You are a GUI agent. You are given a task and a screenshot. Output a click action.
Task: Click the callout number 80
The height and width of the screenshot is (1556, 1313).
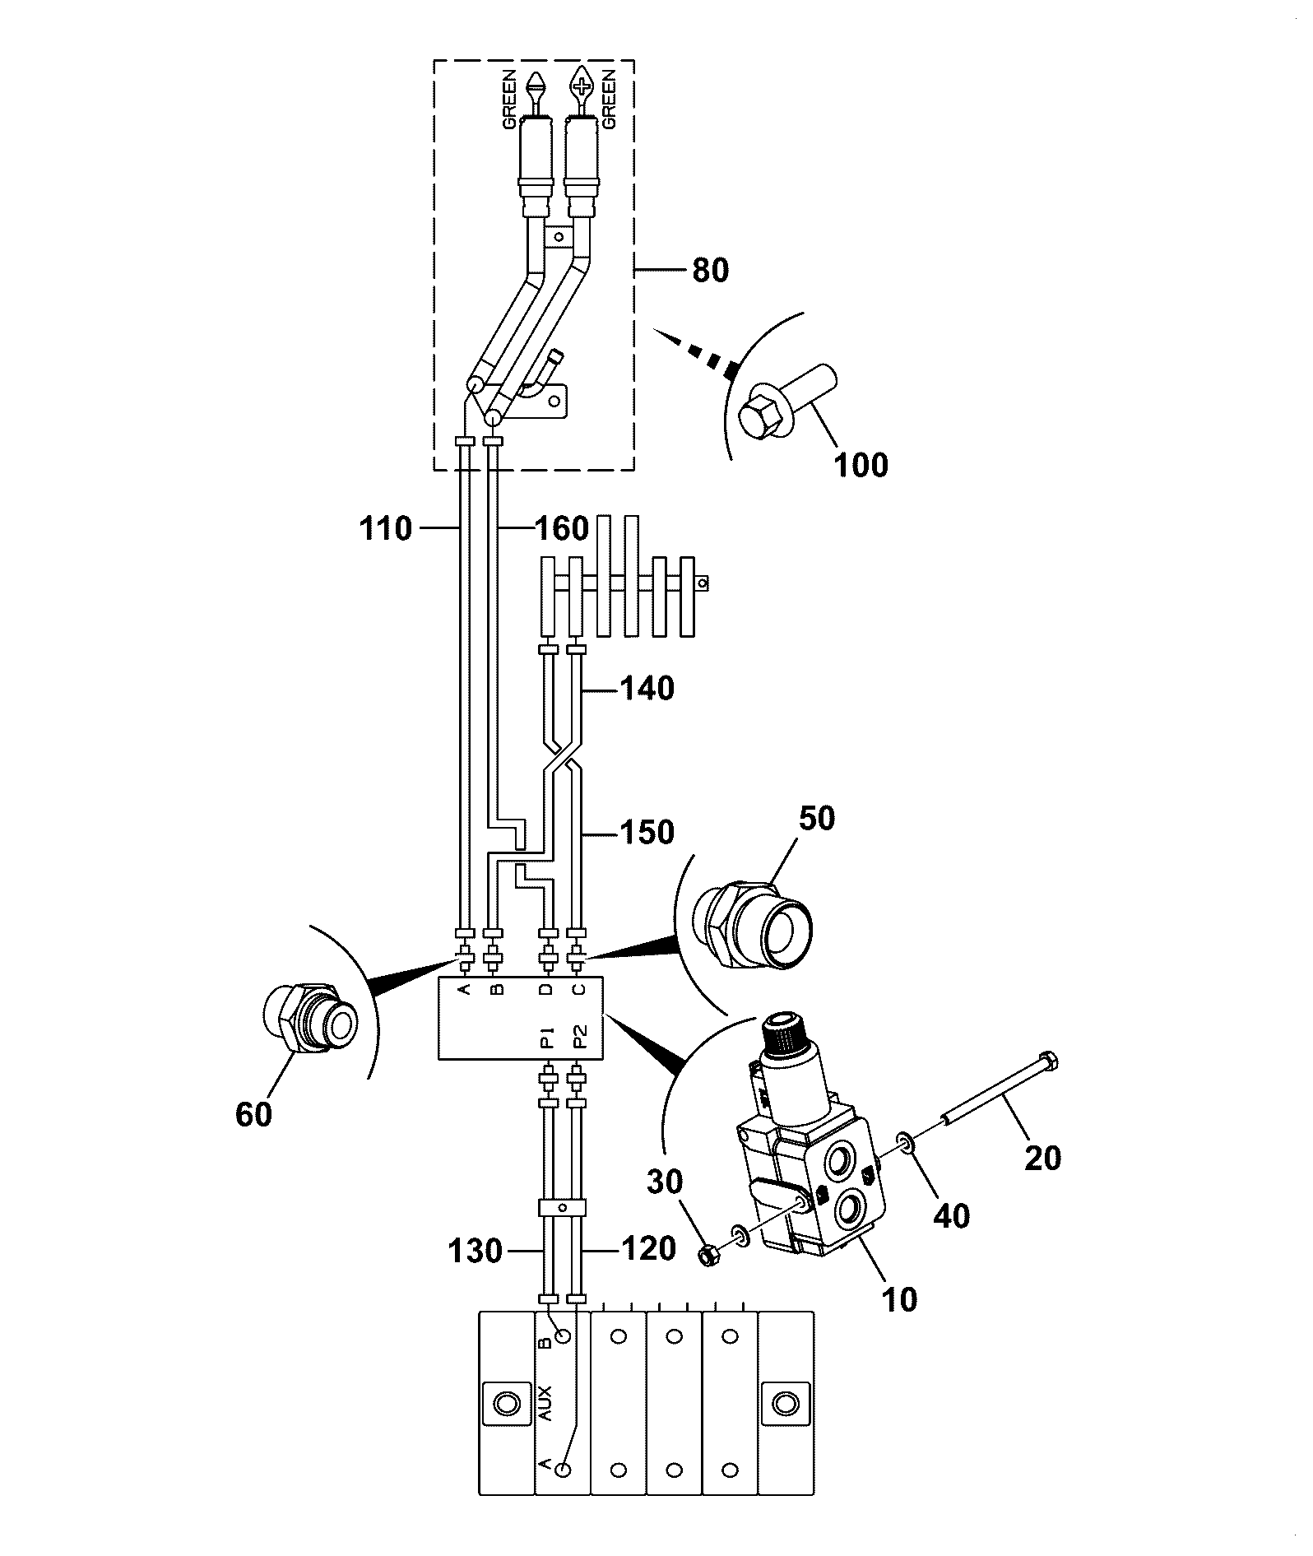tap(710, 270)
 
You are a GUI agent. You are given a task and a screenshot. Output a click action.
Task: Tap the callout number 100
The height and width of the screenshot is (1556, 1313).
tap(861, 466)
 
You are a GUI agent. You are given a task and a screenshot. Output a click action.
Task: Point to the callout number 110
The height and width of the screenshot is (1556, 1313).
tap(385, 528)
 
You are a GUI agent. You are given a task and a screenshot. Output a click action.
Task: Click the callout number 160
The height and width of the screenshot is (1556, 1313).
tap(562, 528)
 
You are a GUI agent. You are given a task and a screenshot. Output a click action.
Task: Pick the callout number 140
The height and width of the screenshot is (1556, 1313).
tap(647, 688)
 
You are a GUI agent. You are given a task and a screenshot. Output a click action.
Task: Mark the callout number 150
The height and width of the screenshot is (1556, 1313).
tap(647, 832)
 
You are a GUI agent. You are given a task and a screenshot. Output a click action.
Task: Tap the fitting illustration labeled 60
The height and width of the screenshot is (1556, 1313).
tap(310, 1022)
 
